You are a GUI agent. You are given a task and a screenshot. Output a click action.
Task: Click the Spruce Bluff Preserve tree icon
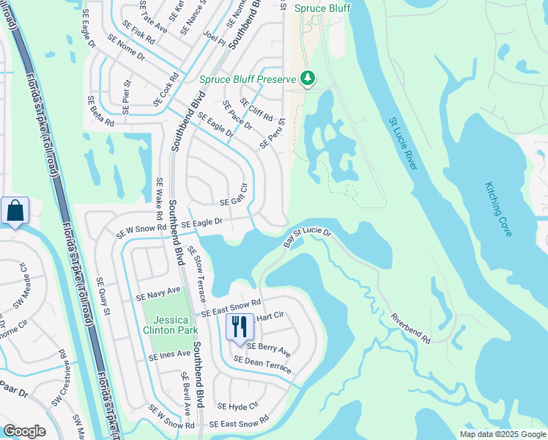point(308,78)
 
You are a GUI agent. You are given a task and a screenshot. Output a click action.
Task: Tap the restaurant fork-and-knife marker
point(239,326)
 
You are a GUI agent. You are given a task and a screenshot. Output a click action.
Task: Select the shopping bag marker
point(15,212)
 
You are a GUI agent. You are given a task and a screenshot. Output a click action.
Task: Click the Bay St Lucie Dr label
point(308,235)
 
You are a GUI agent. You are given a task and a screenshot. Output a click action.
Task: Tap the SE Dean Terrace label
point(262,364)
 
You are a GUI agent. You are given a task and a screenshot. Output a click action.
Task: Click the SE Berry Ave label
point(268,350)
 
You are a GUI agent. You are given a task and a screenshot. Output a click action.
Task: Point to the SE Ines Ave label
point(169,356)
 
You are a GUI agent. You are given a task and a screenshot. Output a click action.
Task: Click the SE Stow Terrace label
point(196,274)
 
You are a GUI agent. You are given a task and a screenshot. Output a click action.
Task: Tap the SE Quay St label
point(104,297)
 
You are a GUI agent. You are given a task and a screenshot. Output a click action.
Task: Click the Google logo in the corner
point(24,431)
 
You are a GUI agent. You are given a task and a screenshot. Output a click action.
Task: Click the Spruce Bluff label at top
point(322,9)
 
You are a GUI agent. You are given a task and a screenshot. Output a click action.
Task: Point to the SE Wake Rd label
point(158,199)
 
